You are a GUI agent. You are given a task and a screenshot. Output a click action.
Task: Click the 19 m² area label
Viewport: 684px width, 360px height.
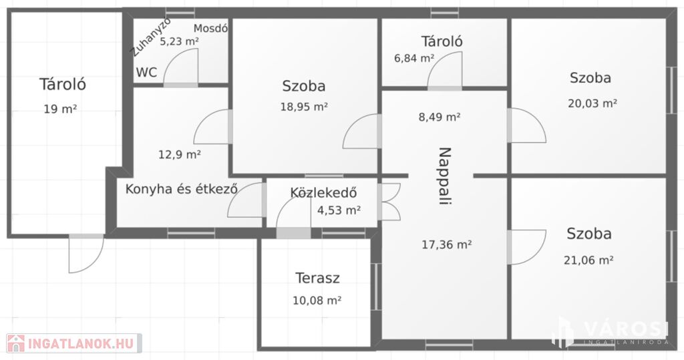click(x=60, y=109)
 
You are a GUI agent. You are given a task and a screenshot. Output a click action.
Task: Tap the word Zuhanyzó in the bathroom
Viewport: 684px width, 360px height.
click(x=152, y=37)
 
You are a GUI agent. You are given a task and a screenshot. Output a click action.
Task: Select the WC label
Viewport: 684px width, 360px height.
click(x=146, y=72)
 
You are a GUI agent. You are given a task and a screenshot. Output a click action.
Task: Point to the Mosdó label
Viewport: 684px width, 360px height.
click(x=210, y=29)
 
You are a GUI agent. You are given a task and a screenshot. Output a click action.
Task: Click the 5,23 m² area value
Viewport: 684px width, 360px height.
click(x=179, y=41)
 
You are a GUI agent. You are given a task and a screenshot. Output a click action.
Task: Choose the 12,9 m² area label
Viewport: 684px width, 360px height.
click(x=179, y=154)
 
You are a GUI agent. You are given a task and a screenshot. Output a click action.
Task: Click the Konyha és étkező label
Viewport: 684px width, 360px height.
click(x=182, y=189)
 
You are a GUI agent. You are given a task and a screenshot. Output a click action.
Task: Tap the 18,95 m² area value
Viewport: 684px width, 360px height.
click(x=304, y=106)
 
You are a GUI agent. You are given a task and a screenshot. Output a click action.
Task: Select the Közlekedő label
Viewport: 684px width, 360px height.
click(x=324, y=192)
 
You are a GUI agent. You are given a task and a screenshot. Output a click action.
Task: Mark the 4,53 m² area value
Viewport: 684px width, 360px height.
click(x=339, y=210)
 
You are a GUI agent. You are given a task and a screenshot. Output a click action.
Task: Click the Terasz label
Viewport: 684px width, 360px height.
click(x=317, y=278)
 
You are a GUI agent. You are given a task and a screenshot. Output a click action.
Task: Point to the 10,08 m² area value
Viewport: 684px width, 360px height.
click(x=317, y=300)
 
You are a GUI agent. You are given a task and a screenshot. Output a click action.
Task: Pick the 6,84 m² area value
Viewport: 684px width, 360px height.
click(x=414, y=57)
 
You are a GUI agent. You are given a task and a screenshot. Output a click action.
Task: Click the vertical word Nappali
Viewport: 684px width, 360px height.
click(x=444, y=176)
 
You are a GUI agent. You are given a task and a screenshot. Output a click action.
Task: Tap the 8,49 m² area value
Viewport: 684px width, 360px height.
click(x=440, y=117)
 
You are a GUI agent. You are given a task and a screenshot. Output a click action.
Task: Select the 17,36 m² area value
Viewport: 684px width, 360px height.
click(x=447, y=244)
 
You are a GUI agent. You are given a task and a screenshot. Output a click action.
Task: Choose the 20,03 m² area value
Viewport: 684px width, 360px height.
click(x=592, y=104)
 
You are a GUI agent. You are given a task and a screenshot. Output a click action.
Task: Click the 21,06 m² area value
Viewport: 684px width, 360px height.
click(x=589, y=260)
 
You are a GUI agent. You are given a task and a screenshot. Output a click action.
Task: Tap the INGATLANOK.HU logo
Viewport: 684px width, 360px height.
click(x=74, y=343)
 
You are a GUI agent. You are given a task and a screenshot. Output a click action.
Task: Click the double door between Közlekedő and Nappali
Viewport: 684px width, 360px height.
click(x=389, y=202)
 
